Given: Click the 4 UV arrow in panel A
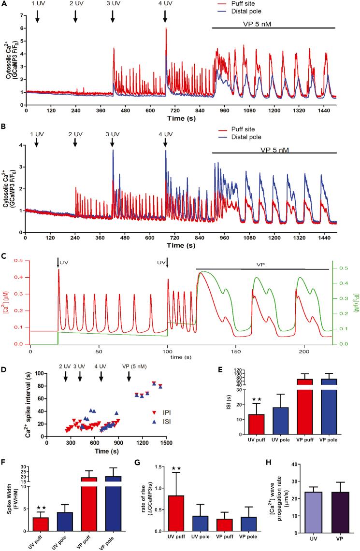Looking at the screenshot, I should [x=165, y=17].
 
